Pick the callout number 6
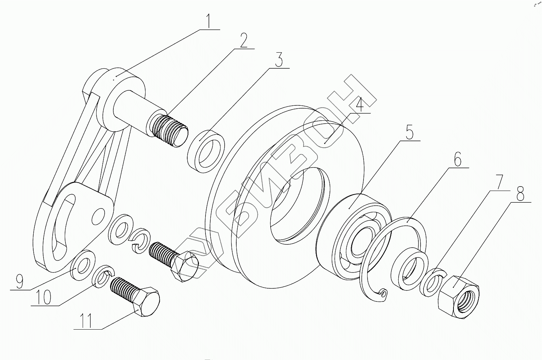[x=457, y=160]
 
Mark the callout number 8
[x=520, y=194]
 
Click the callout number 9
[x=19, y=281]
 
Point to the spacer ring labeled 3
[x=206, y=150]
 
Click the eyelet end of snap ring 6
[x=383, y=293]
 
